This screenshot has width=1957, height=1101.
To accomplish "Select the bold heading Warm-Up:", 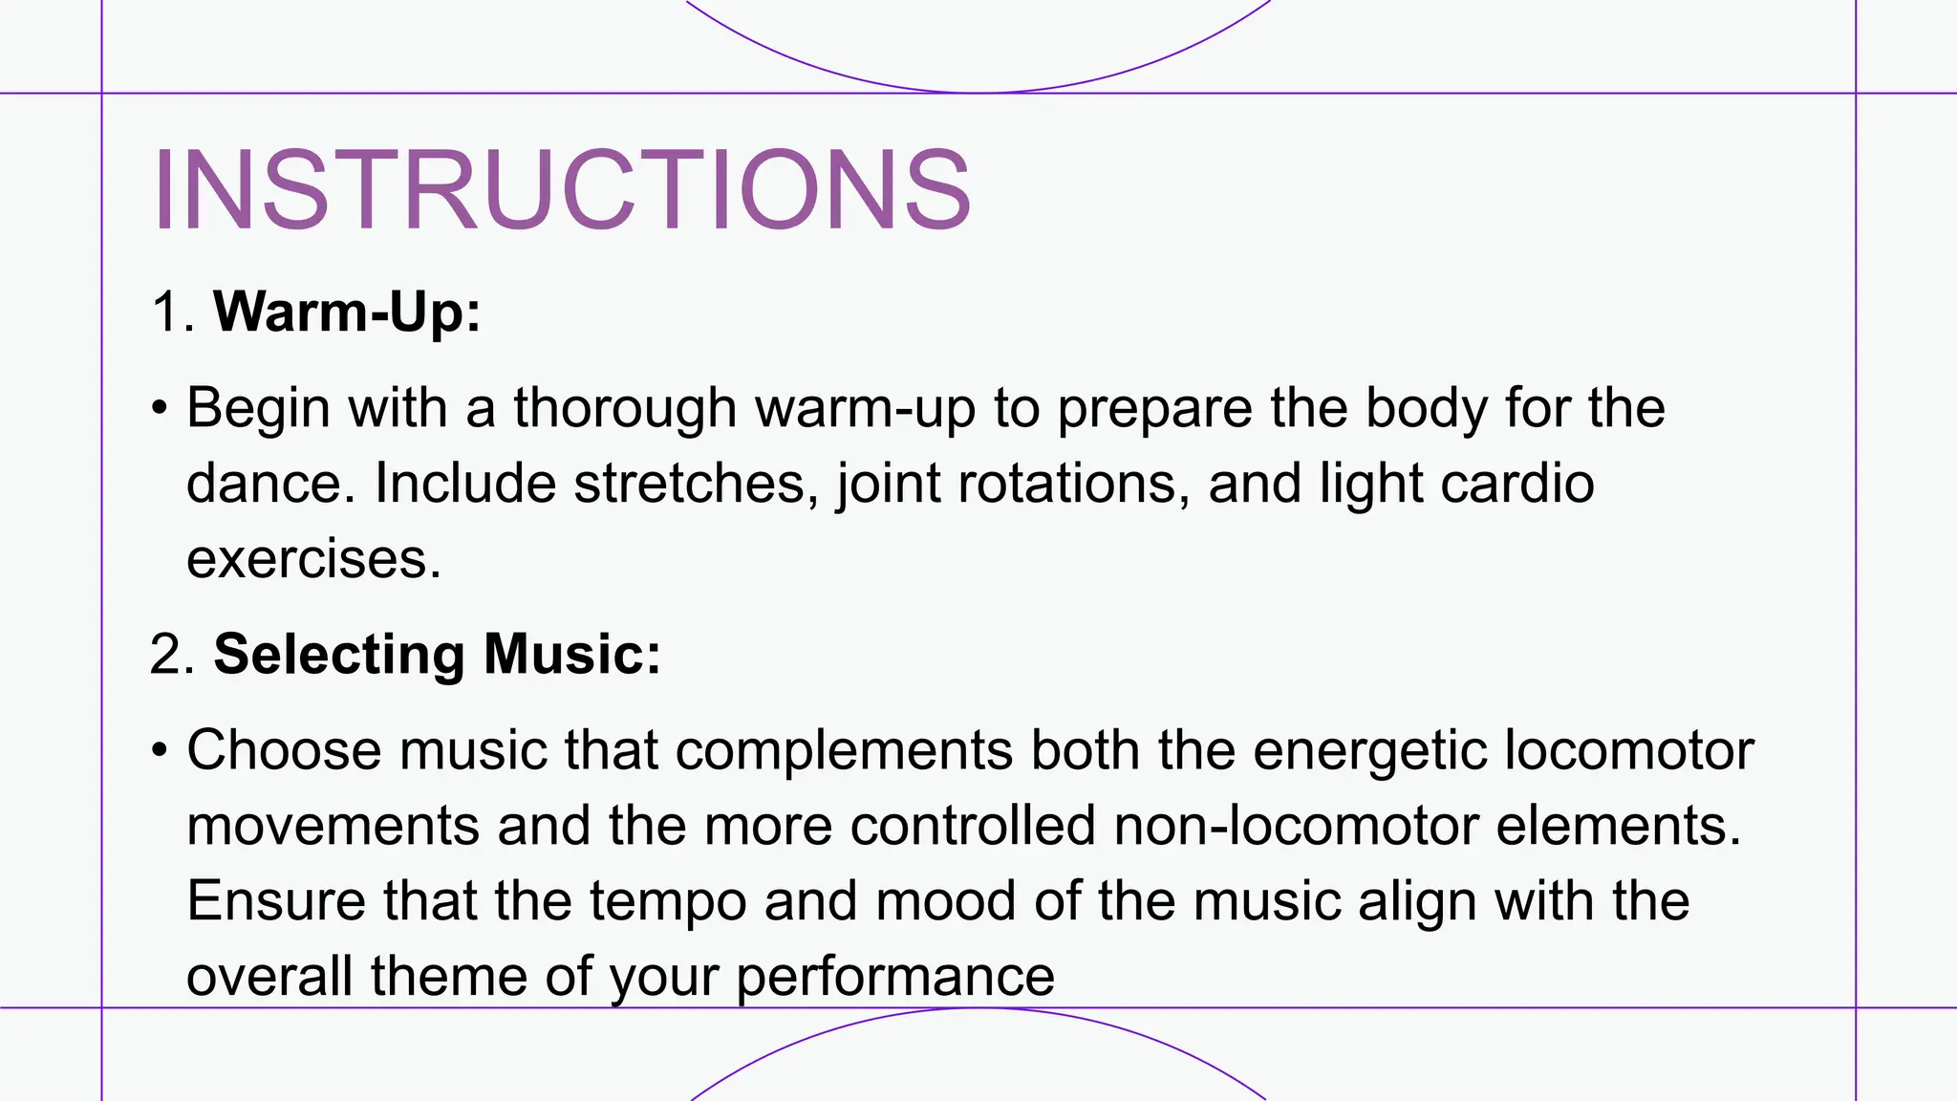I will click(347, 312).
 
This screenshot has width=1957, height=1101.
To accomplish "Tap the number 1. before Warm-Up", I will click(173, 312).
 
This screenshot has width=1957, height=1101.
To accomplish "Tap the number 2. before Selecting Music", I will click(173, 655).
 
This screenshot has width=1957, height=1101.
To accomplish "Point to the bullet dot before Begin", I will click(160, 409).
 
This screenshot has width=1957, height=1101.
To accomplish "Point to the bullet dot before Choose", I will click(160, 751).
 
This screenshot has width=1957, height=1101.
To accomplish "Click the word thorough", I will click(625, 408).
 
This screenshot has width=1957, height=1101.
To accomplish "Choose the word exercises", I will click(313, 559).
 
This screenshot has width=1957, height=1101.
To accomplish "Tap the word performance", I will click(895, 978).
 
